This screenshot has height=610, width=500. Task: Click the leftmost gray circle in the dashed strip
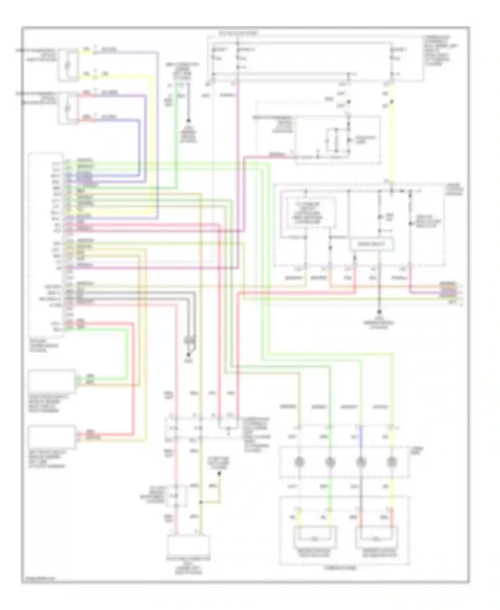299,462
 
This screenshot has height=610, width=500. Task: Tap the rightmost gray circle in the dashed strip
392,462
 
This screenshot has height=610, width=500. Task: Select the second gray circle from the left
330,462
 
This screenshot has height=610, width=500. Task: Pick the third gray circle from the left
361,462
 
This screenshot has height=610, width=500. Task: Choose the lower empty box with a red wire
52,437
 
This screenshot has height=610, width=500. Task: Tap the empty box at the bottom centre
189,544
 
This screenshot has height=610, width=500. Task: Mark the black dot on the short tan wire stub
219,473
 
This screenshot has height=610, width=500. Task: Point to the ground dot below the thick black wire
379,312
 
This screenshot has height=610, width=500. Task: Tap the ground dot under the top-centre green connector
188,121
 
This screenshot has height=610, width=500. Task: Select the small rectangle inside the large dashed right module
372,244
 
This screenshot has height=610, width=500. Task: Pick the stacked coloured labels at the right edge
448,289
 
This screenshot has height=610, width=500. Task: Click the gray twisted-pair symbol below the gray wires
190,341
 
